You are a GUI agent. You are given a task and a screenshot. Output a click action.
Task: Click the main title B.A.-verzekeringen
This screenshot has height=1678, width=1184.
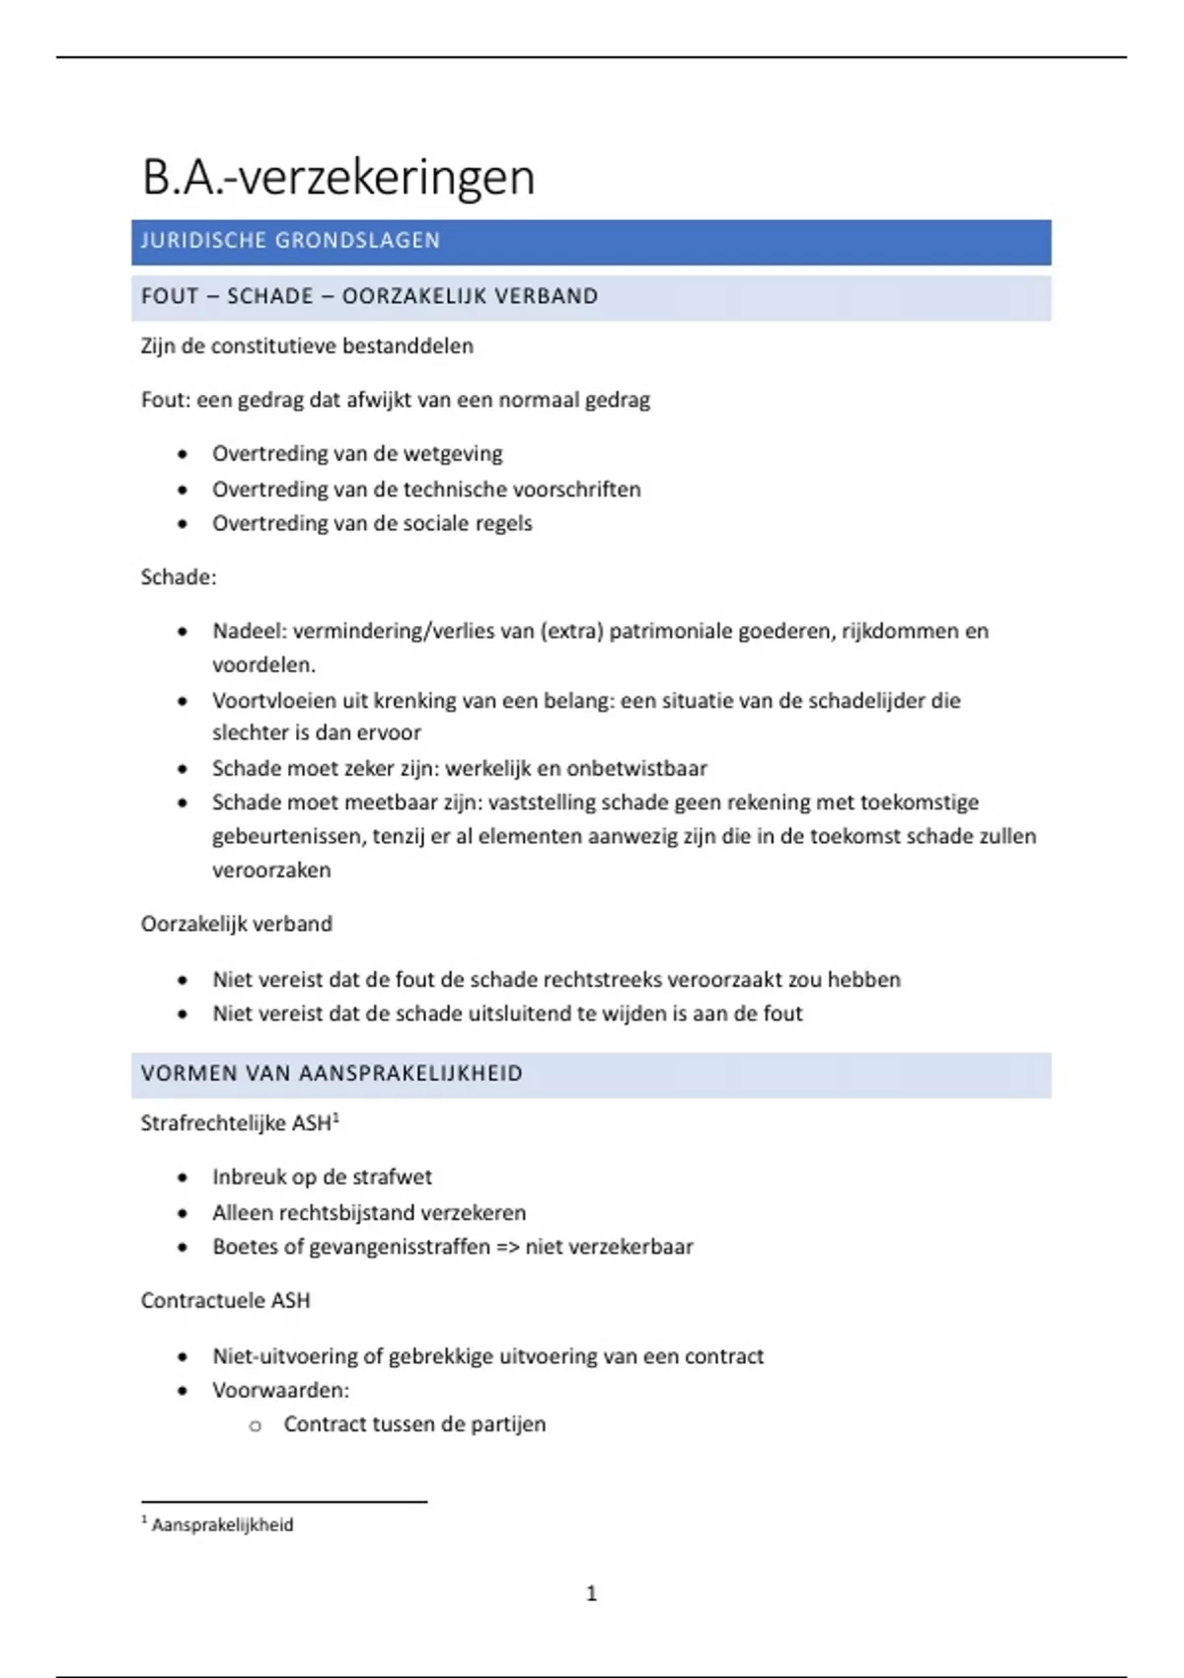pyautogui.click(x=338, y=179)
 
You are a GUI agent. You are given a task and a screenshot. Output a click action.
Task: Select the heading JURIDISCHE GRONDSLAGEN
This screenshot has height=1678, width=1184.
pyautogui.click(x=290, y=241)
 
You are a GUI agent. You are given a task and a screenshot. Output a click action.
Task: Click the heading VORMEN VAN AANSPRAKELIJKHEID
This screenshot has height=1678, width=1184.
pyautogui.click(x=332, y=1074)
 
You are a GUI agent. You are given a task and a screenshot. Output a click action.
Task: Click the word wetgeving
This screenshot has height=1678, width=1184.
pyautogui.click(x=453, y=454)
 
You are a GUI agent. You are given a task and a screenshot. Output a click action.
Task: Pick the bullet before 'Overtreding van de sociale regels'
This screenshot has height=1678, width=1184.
pyautogui.click(x=183, y=524)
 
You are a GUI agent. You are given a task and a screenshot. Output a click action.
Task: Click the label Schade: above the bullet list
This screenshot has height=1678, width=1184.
pyautogui.click(x=179, y=577)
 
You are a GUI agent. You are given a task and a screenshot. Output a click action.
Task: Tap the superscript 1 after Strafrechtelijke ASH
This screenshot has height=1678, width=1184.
pyautogui.click(x=335, y=1117)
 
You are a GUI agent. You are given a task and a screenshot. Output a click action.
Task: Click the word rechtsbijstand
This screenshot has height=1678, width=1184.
pyautogui.click(x=341, y=1213)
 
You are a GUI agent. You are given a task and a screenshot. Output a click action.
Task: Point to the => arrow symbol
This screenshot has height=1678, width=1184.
pyautogui.click(x=507, y=1248)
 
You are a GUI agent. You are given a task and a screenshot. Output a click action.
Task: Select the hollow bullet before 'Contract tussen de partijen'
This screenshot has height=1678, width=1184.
pyautogui.click(x=256, y=1425)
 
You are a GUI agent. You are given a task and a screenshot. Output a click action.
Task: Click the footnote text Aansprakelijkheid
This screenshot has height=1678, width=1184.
pyautogui.click(x=223, y=1525)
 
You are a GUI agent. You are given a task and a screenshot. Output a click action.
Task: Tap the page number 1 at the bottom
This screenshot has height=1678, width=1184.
pyautogui.click(x=592, y=1593)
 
